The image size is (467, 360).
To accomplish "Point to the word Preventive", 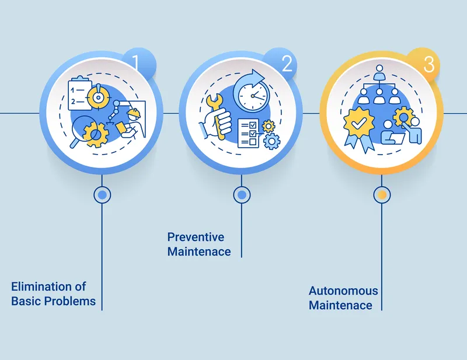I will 196,237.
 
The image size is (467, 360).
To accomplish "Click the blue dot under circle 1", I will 102,195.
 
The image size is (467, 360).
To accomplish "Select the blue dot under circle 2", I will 242,195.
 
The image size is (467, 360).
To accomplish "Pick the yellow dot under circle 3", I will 382,195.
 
